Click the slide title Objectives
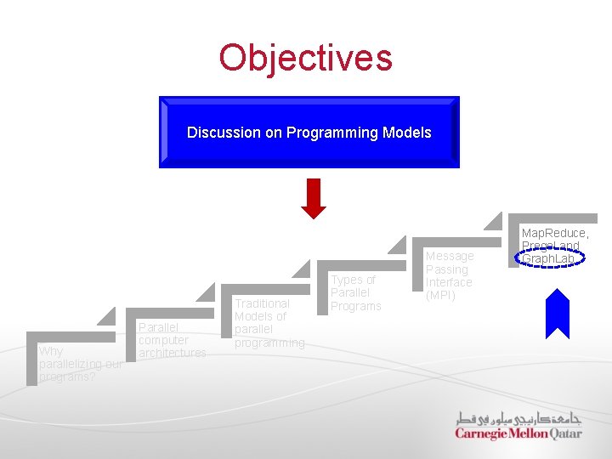pos(305,58)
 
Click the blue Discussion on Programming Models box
pos(309,133)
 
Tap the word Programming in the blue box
pos(321,133)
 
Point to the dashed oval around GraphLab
pos(551,258)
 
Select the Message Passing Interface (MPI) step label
pos(449,275)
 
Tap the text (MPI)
pos(440,295)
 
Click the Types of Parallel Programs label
pos(355,292)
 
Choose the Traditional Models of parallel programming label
pos(269,322)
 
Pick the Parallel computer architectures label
pos(172,340)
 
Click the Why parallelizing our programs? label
pos(81,364)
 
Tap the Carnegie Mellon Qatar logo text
pos(518,433)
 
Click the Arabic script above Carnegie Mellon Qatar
pos(518,417)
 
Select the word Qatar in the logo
pos(566,433)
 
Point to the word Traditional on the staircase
pos(262,303)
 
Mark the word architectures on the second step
pos(172,353)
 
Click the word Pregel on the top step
pos(541,246)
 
